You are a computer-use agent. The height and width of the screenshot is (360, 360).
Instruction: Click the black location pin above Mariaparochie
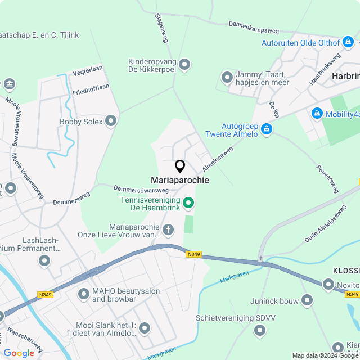coord(180,166)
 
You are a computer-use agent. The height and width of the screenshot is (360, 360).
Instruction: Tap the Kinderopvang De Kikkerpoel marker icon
coord(184,65)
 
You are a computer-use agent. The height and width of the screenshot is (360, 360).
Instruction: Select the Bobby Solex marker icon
coord(111,121)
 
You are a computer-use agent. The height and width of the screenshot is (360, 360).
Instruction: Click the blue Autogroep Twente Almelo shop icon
coord(267,130)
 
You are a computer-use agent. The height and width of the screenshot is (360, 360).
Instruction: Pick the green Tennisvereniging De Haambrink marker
coord(189,202)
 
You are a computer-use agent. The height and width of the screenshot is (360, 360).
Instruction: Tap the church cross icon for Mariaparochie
coord(168,229)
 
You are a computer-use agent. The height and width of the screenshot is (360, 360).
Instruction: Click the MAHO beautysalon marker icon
coord(84,293)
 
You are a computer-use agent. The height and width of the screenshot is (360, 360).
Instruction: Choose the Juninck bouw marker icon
coord(307,301)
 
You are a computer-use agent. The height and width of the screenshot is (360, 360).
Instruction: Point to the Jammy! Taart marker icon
coord(227,77)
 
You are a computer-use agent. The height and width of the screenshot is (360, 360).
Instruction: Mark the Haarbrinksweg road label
coord(325,69)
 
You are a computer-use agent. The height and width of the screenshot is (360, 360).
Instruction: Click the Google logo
coord(19,353)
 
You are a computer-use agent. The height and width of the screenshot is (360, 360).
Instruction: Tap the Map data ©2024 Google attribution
coord(325,355)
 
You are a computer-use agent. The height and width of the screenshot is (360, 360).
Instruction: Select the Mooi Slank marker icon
coord(145,328)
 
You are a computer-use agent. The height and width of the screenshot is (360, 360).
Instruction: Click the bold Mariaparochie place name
coord(180,180)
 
